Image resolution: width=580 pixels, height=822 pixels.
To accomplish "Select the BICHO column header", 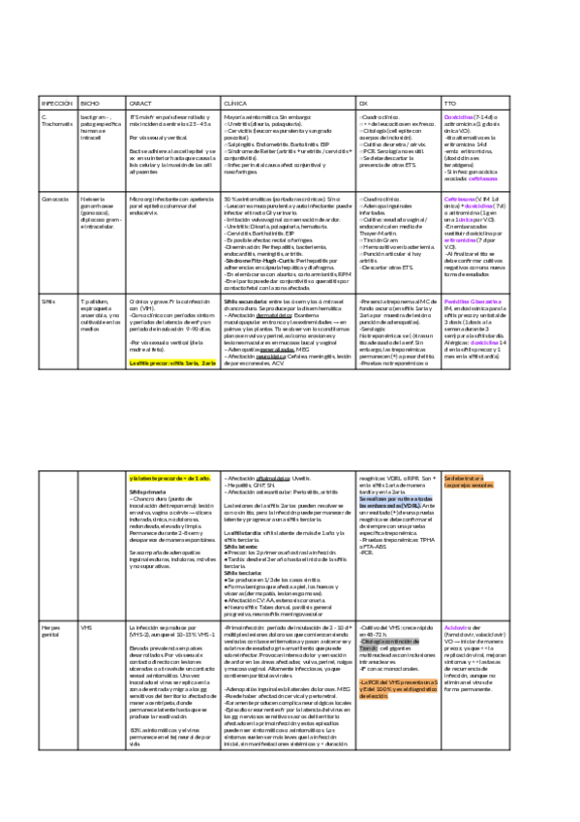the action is click(x=89, y=102).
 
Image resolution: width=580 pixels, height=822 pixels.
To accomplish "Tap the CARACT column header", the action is click(x=141, y=102).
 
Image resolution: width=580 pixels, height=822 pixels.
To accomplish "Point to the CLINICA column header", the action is click(x=236, y=102).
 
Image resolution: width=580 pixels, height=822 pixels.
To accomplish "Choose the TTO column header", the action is click(x=448, y=102).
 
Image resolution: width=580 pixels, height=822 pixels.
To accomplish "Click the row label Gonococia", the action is click(x=56, y=198).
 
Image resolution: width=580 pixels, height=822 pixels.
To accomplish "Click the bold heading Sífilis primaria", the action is click(x=147, y=491).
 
